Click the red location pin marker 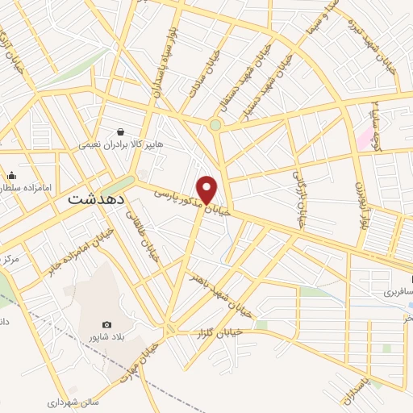[207, 190]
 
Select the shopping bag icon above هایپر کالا [120, 132]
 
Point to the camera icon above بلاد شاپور [106, 324]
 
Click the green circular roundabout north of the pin [215, 125]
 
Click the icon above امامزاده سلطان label [11, 175]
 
